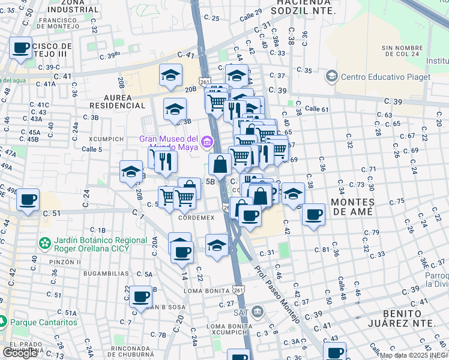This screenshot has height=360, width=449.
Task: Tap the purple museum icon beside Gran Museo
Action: (x=206, y=142)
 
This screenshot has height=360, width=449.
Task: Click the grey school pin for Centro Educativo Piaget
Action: (x=331, y=76)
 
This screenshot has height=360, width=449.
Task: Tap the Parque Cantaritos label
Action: (x=43, y=322)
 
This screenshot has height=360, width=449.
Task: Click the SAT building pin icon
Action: (x=258, y=311)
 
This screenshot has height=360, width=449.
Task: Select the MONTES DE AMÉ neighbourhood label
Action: (x=351, y=207)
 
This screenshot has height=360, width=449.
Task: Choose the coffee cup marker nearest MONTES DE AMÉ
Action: (x=313, y=214)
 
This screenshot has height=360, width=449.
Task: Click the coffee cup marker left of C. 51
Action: (x=27, y=200)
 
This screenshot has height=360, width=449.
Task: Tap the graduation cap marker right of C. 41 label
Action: (x=171, y=75)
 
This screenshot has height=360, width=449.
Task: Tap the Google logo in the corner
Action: (x=20, y=352)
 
